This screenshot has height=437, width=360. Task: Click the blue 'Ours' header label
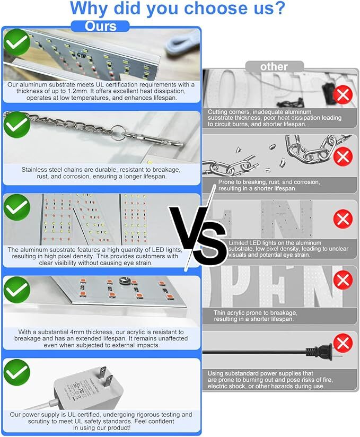point(101,26)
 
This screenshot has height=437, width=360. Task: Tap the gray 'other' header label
point(274,67)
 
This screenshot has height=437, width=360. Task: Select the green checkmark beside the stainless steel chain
point(17,125)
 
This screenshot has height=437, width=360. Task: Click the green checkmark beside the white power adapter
point(17,373)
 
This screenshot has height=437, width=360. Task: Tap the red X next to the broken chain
point(343,156)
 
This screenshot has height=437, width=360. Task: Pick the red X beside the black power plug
point(343,343)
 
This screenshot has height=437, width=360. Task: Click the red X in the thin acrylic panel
point(343,280)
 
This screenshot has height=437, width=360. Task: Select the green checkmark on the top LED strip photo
point(17,42)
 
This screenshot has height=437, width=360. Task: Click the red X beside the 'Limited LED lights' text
point(343,219)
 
